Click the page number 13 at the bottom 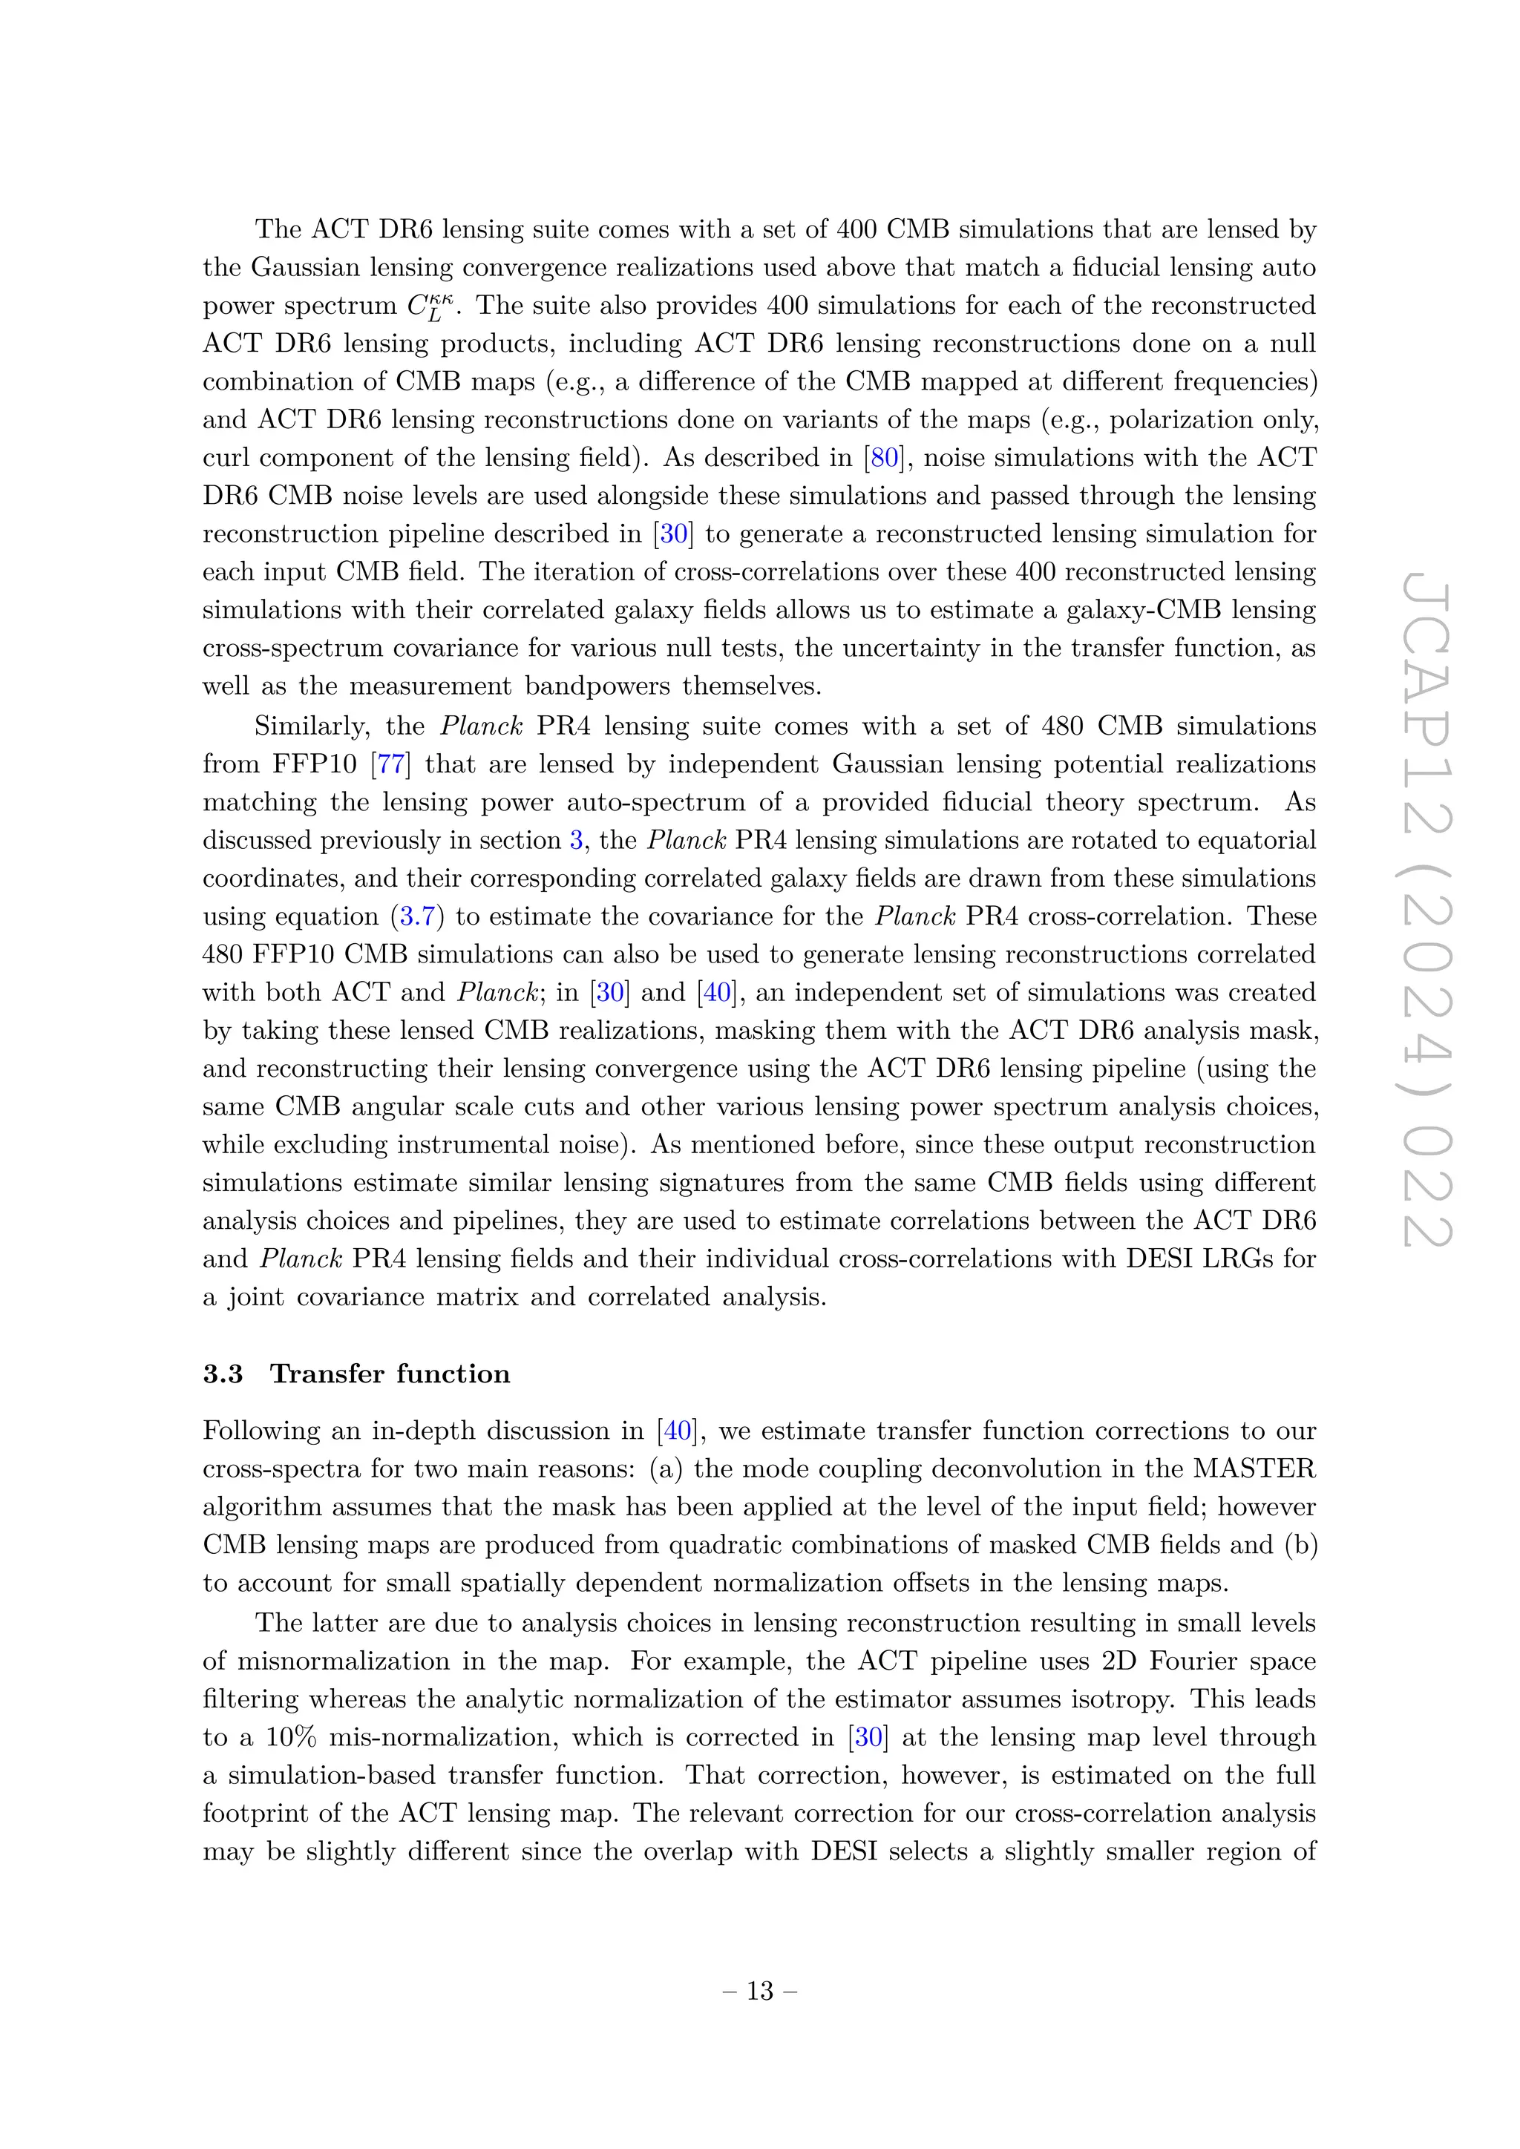point(759,1992)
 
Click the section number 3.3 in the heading point(223,1374)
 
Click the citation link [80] point(885,458)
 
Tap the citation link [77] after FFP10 point(390,765)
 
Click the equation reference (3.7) point(417,917)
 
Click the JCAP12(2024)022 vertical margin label point(1426,913)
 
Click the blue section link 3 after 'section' point(577,841)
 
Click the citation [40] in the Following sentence point(678,1431)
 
